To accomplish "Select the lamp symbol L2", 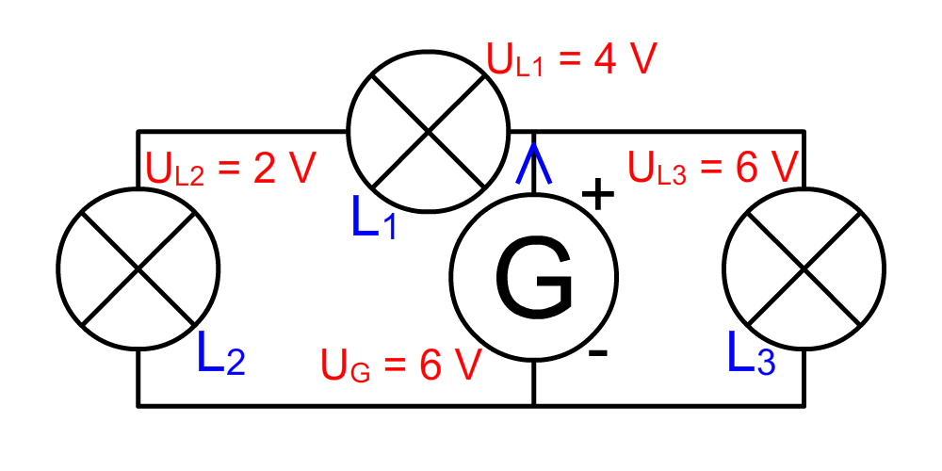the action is (x=138, y=268).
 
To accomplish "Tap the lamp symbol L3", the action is (x=804, y=268).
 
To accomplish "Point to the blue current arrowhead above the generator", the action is (x=533, y=162).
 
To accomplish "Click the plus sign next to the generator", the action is (x=598, y=193).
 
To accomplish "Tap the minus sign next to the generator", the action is (x=598, y=354).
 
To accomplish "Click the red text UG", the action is (x=345, y=365).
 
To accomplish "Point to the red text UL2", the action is (x=175, y=169).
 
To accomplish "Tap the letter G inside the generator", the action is (x=534, y=277).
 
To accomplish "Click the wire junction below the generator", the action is (x=533, y=406).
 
